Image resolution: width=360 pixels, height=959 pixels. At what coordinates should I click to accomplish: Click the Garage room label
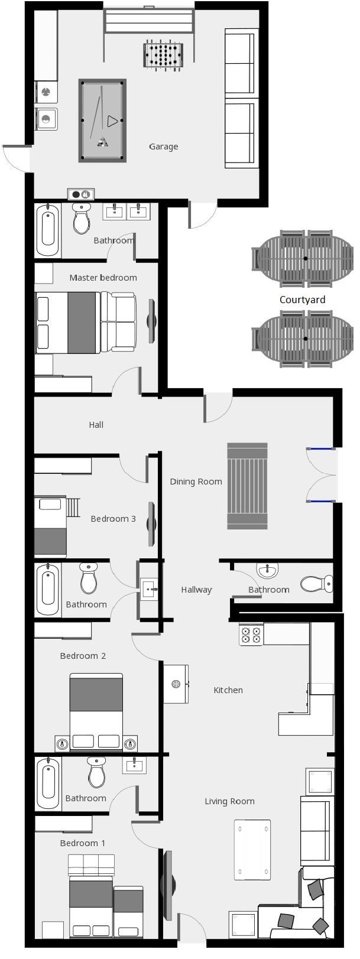163,147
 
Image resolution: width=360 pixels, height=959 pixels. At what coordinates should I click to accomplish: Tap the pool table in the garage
102,121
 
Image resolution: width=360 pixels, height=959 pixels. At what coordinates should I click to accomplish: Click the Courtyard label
302,299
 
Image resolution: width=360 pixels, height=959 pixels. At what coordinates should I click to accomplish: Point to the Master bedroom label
103,278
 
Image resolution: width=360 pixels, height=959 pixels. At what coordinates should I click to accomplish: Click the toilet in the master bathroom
82,218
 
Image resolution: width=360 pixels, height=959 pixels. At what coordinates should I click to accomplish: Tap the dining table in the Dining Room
247,486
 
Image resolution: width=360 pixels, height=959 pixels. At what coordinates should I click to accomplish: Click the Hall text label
96,425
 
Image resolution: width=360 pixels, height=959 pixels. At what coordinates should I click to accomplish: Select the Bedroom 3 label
113,519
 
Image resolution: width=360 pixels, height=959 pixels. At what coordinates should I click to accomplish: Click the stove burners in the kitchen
251,634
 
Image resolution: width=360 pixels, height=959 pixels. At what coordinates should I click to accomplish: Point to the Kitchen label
228,690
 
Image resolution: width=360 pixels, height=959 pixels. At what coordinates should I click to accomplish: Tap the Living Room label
229,801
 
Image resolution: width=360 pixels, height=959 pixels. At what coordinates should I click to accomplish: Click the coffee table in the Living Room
252,850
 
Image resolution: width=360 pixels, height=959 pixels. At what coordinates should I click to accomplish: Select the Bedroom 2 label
83,656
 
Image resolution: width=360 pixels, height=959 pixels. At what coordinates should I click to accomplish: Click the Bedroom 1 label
82,843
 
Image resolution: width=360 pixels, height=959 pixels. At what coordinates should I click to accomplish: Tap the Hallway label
196,590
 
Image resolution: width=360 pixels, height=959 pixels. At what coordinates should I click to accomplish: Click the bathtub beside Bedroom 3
47,589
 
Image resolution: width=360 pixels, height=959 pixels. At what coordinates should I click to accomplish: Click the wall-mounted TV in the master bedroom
151,321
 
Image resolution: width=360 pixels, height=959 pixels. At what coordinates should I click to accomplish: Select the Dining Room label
196,482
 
